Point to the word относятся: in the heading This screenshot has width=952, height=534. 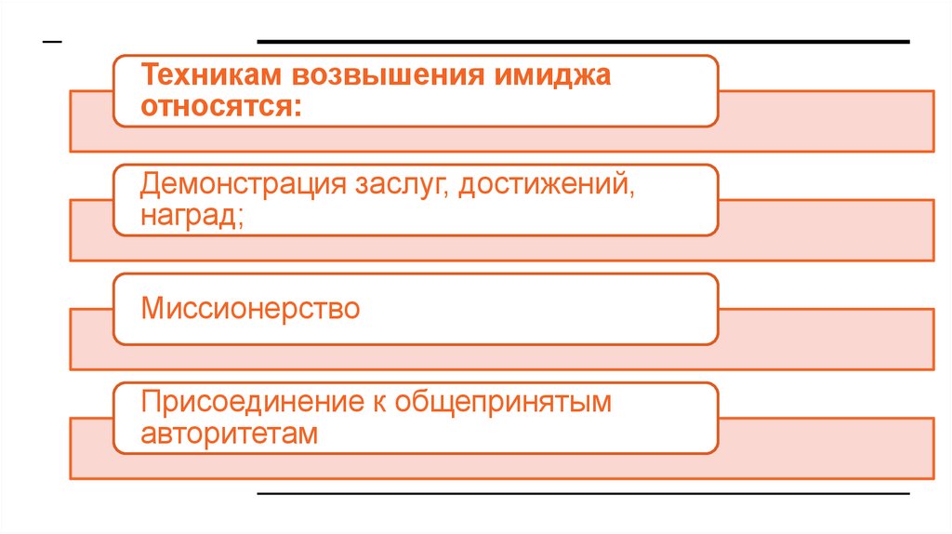click(221, 105)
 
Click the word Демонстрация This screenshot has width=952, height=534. click(244, 185)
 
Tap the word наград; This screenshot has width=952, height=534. click(192, 216)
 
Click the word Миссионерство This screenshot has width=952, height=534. click(250, 308)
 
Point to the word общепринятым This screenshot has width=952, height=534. click(503, 403)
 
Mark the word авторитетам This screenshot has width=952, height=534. click(230, 434)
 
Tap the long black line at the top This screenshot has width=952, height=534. click(583, 42)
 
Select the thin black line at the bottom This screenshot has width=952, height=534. click(583, 492)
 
